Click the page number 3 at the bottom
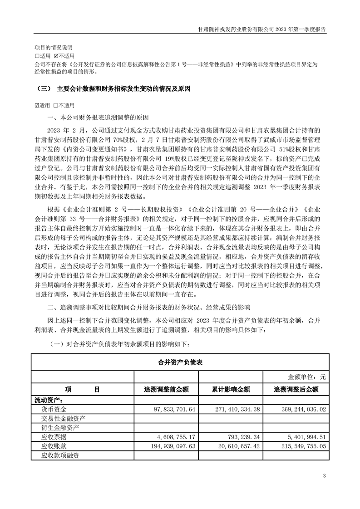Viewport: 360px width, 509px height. [324, 475]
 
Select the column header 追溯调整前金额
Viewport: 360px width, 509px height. [166, 389]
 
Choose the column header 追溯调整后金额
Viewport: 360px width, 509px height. [296, 389]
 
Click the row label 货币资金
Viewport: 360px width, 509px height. [54, 409]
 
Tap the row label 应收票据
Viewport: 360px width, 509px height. [54, 437]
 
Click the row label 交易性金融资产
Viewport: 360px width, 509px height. [63, 418]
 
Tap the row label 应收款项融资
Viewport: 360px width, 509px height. [60, 455]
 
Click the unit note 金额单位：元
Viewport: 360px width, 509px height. [307, 377]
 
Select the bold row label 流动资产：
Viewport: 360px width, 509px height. [49, 400]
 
